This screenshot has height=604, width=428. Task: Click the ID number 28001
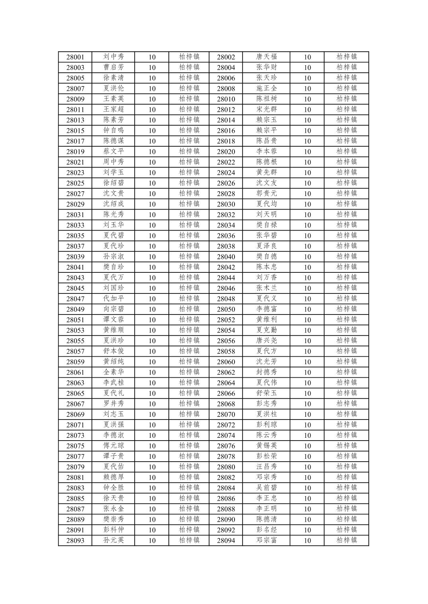pyautogui.click(x=75, y=57)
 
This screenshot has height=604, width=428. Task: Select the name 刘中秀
pyautogui.click(x=113, y=57)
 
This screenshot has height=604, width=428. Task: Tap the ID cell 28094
pyautogui.click(x=226, y=541)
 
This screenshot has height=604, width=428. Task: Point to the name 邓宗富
pyautogui.click(x=267, y=540)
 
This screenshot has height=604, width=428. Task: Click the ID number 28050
pyautogui.click(x=226, y=309)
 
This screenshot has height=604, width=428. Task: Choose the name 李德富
pyautogui.click(x=267, y=309)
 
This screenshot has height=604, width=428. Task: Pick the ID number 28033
pyautogui.click(x=75, y=225)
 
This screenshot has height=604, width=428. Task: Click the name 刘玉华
pyautogui.click(x=113, y=225)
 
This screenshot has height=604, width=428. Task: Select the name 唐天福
pyautogui.click(x=267, y=57)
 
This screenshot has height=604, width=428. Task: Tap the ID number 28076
pyautogui.click(x=226, y=446)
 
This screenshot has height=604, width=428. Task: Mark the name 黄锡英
pyautogui.click(x=267, y=446)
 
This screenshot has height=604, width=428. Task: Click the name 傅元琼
pyautogui.click(x=113, y=446)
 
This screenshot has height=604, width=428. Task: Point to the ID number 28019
pyautogui.click(x=75, y=152)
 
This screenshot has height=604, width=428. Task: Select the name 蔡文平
pyautogui.click(x=113, y=151)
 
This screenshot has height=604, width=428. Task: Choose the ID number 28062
pyautogui.click(x=226, y=373)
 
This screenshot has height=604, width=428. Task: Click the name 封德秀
pyautogui.click(x=267, y=372)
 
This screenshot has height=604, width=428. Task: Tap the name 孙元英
pyautogui.click(x=113, y=540)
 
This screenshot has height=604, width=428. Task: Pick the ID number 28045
pyautogui.click(x=75, y=288)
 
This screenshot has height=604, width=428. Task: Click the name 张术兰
pyautogui.click(x=267, y=288)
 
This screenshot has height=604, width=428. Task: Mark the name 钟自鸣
pyautogui.click(x=113, y=130)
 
